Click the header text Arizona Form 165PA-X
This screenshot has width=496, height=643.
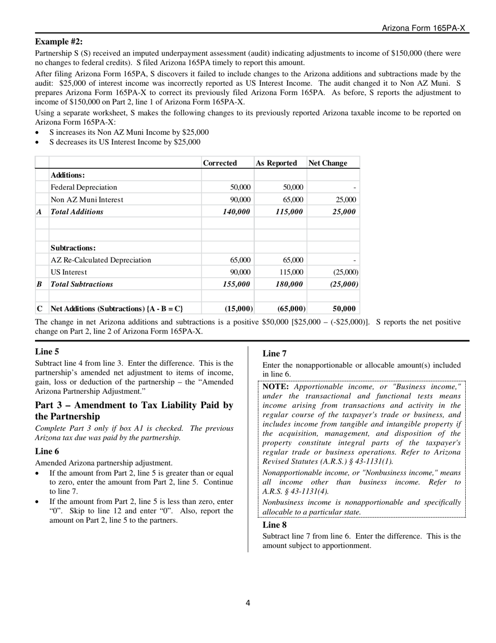coord(423,28)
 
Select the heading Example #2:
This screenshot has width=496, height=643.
coord(58,42)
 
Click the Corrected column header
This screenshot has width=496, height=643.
coord(220,163)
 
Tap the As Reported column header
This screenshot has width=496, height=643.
coord(276,163)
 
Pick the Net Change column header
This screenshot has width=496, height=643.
coord(328,163)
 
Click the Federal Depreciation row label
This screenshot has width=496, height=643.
coord(84,187)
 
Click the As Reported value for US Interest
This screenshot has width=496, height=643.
coord(291,272)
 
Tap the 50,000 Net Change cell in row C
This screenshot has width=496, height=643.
coord(344,309)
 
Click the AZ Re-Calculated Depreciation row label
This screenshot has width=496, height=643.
coord(101,260)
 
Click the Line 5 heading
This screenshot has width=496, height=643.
coord(47,352)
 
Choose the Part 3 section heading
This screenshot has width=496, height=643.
coord(134,411)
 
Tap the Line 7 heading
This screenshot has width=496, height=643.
coord(274,354)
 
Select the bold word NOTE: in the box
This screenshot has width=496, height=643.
coord(276,387)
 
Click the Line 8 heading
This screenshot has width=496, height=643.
coord(274,525)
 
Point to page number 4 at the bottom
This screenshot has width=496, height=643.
coord(248,603)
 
